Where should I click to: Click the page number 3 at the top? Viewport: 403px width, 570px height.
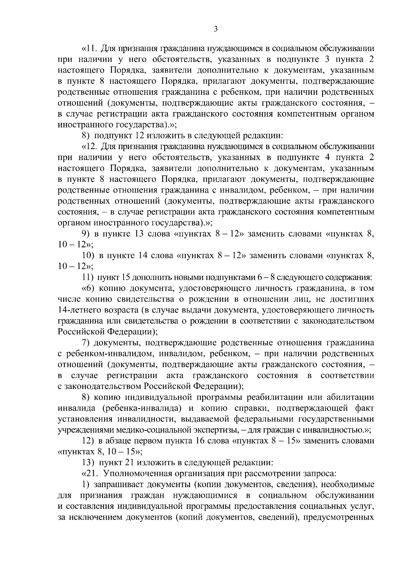[x=216, y=29]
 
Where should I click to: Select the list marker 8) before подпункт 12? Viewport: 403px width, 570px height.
[x=86, y=136]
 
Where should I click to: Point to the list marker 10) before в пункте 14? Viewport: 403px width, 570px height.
[x=88, y=256]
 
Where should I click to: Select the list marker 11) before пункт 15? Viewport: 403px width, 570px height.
[x=88, y=278]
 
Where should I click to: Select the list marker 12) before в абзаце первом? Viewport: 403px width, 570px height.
[x=88, y=441]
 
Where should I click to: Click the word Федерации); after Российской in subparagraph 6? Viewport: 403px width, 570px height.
[x=132, y=332]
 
